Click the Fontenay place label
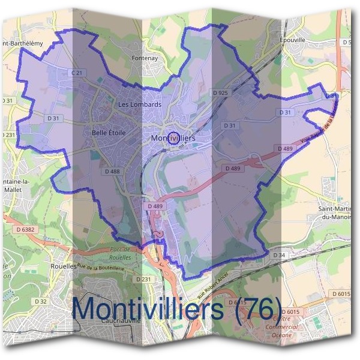[143, 59]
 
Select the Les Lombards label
[140, 104]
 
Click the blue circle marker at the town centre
[173, 139]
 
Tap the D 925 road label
[220, 93]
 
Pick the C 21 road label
[76, 73]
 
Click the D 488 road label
[112, 172]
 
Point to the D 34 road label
[279, 255]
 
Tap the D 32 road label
[41, 301]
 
